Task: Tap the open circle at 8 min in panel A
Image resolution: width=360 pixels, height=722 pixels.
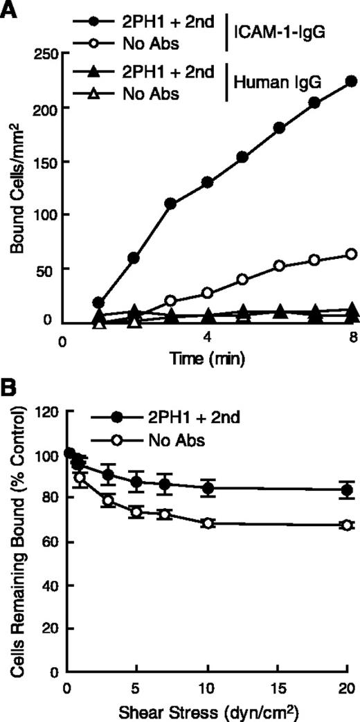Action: pyautogui.click(x=351, y=254)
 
